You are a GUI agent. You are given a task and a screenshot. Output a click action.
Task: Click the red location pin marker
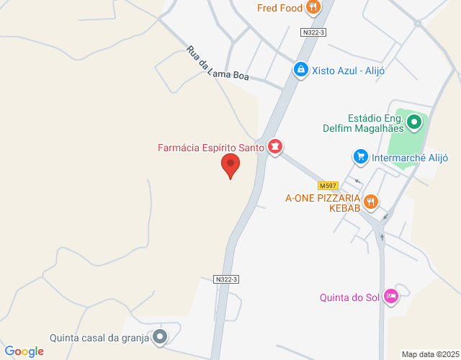(x=230, y=165)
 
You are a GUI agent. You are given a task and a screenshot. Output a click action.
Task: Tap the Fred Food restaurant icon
(x=313, y=8)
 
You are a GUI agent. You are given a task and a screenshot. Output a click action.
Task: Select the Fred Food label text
(x=280, y=9)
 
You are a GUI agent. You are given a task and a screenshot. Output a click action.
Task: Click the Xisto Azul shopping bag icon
(x=300, y=69)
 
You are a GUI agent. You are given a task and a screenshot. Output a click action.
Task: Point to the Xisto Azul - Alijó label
(x=349, y=70)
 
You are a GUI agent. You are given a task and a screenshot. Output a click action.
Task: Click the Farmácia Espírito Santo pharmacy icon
(x=274, y=147)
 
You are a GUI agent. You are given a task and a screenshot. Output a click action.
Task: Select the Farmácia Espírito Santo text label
(x=211, y=148)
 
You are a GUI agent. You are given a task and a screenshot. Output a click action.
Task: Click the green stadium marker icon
(x=414, y=122)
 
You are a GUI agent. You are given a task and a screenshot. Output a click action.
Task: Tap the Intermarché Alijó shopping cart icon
(x=360, y=156)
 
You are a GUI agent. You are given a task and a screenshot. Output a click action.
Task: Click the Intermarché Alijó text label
(x=410, y=158)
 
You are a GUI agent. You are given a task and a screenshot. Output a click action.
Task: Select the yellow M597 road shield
(x=328, y=186)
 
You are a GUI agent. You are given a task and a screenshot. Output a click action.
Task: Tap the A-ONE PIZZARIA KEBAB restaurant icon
(x=370, y=202)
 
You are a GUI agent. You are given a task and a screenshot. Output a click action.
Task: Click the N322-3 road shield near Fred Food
(x=313, y=32)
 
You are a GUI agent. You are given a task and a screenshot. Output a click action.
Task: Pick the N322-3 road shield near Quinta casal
(x=226, y=279)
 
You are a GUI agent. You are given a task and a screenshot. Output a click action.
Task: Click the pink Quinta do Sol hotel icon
(x=391, y=296)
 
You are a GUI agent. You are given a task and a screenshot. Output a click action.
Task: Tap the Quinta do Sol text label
(x=349, y=297)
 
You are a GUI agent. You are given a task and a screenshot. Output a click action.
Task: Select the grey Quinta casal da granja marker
(x=160, y=336)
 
